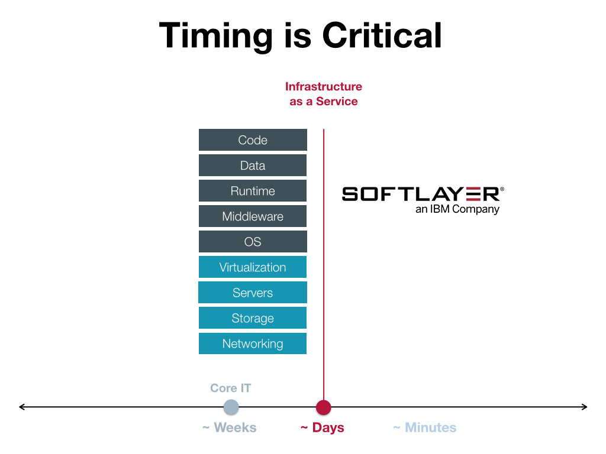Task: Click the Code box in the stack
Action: click(253, 140)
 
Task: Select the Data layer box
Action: click(253, 166)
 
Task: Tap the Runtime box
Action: click(253, 191)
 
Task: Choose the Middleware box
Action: click(253, 216)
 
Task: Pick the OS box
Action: click(253, 242)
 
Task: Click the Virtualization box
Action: click(253, 267)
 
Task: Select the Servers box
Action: click(253, 293)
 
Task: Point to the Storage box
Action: click(253, 317)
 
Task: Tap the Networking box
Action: click(253, 343)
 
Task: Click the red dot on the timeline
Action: click(324, 407)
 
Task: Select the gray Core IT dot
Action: click(231, 407)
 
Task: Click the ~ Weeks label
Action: click(230, 428)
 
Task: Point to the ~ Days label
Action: click(323, 428)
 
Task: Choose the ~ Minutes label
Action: click(425, 428)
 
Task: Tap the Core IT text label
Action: click(231, 388)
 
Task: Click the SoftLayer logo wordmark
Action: click(423, 194)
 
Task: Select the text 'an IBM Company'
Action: click(457, 209)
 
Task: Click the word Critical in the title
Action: click(382, 35)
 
